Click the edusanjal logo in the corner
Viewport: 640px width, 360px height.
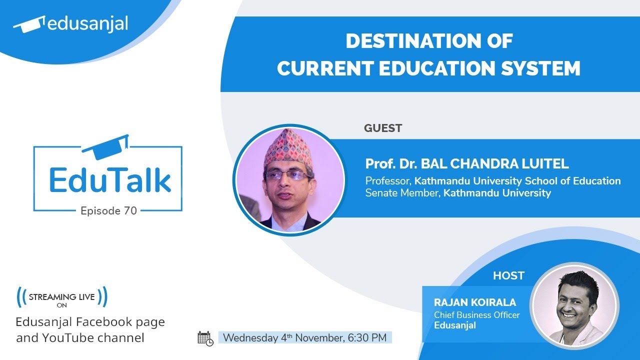(x=70, y=24)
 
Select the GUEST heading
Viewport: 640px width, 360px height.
(x=383, y=128)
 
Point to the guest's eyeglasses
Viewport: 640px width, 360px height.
(x=288, y=175)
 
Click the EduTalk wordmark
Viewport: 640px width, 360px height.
(x=110, y=181)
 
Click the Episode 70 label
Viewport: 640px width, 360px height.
(x=108, y=211)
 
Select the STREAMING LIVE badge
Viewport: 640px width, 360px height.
(x=62, y=298)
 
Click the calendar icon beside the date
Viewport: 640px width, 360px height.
(x=205, y=338)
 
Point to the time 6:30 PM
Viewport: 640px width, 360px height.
(x=367, y=337)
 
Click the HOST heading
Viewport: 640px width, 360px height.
(x=508, y=275)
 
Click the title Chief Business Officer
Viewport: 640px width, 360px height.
(x=476, y=315)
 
